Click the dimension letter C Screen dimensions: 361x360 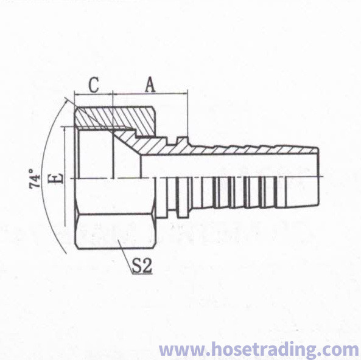pos(94,85)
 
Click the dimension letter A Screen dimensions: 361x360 pos(150,85)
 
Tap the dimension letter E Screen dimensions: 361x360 pos(56,178)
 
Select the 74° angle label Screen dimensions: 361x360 pos(35,179)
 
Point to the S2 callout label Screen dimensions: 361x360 pos(142,266)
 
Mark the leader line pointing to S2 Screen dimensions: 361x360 pos(125,257)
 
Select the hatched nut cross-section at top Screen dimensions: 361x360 pos(114,118)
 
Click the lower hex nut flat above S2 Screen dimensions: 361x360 pos(114,231)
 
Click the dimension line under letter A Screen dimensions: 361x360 pos(150,94)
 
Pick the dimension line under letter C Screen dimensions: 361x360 pos(94,94)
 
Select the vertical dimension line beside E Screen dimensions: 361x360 pos(65,176)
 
